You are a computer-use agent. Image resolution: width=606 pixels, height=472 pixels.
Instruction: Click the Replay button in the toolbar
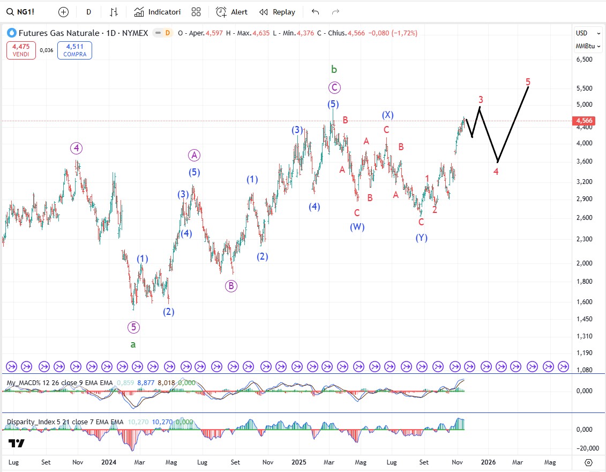pos(277,12)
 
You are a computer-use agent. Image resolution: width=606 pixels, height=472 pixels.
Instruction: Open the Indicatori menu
pos(158,12)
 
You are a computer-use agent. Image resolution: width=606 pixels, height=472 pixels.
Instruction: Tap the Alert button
pos(232,12)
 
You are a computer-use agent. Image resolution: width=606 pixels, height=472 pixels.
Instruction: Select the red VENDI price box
pos(21,50)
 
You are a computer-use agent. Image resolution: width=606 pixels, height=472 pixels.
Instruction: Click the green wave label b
pos(334,69)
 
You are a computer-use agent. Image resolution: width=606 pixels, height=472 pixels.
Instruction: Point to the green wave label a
pos(133,344)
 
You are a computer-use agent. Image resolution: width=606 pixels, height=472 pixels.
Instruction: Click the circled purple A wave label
pos(194,156)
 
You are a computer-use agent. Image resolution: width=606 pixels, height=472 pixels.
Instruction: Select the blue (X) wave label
pos(388,115)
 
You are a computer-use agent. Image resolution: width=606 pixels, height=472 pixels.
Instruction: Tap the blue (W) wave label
pos(357,227)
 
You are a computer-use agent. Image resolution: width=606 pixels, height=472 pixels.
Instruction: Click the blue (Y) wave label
pos(422,238)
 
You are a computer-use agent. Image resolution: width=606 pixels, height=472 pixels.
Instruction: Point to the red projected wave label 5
pos(528,82)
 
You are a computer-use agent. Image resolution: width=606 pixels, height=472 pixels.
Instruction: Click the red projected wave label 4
pos(496,172)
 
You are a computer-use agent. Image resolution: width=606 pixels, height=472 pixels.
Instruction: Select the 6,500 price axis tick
pos(584,60)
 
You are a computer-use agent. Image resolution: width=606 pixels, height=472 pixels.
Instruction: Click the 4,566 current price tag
pos(584,121)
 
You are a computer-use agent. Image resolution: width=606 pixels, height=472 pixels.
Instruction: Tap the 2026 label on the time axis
pos(488,462)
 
